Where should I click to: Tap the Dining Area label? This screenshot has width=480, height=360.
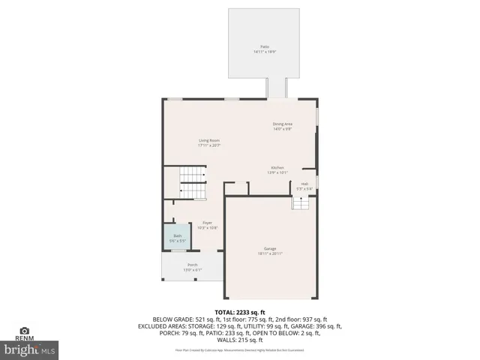[282, 124]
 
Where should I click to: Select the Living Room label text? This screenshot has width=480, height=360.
[208, 140]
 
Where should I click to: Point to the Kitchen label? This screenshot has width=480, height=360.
[277, 167]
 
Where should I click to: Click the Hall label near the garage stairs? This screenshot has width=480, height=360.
[304, 183]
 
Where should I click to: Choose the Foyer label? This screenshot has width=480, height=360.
[208, 223]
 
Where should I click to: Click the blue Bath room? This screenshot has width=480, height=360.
[177, 238]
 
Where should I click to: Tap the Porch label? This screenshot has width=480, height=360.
[193, 265]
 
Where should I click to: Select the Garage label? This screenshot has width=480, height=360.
[270, 248]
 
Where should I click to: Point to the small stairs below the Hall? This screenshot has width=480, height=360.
[300, 203]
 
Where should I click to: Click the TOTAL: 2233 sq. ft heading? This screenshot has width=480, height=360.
[239, 311]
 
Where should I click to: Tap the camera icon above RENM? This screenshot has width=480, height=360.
[25, 330]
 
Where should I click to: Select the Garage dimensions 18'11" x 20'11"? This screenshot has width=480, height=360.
[270, 253]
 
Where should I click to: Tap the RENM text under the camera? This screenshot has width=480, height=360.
[25, 338]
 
